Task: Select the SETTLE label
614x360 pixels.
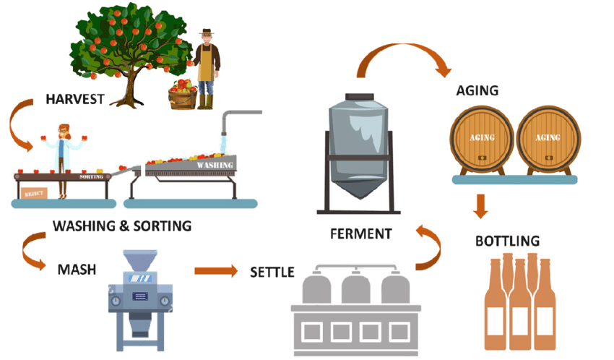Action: (272, 273)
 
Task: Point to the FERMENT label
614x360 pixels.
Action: (360, 233)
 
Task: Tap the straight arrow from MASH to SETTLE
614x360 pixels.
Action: (215, 272)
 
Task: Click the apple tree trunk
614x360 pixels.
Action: (131, 83)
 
